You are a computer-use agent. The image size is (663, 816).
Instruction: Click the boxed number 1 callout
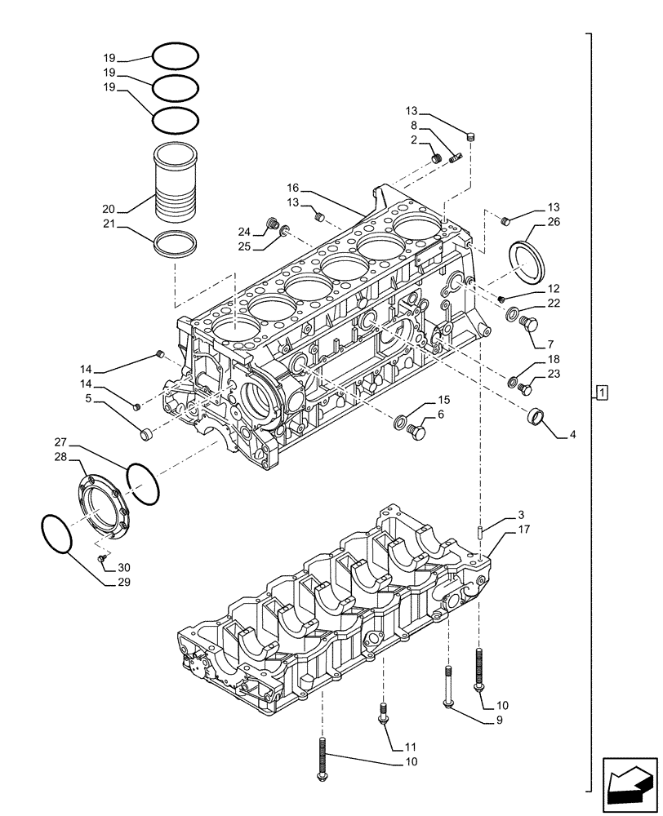click(x=601, y=393)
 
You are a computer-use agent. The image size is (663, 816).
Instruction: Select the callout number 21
click(x=109, y=224)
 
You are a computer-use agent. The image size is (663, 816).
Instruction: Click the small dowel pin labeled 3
click(x=482, y=530)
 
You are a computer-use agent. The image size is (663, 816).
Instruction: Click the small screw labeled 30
click(x=102, y=559)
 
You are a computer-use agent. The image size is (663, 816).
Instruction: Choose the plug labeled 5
click(x=147, y=434)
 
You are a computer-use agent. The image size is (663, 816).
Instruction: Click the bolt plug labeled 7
click(x=527, y=325)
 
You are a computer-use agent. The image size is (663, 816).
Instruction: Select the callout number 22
click(x=554, y=303)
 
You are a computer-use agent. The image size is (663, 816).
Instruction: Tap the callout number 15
click(x=443, y=400)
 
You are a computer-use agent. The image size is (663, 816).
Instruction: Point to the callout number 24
click(x=243, y=230)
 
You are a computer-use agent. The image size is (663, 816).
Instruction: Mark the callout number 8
click(x=414, y=126)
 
